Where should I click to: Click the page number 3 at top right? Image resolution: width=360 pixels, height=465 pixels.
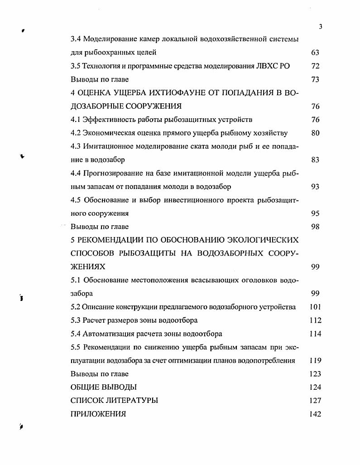click(320, 26)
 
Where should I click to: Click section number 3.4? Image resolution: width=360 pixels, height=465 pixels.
click(76, 39)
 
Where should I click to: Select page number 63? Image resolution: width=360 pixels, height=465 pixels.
click(315, 53)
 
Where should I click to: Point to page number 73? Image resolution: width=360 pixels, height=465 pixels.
click(315, 79)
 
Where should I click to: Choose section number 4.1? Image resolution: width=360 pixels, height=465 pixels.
click(76, 120)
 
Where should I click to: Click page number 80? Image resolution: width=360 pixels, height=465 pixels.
click(315, 133)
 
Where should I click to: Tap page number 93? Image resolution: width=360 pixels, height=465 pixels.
click(315, 186)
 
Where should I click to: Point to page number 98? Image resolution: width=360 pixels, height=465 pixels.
click(315, 227)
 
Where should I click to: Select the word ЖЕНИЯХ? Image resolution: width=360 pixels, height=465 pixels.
click(88, 267)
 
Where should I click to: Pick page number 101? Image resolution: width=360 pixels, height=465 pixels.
click(315, 307)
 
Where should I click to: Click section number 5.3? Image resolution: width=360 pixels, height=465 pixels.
click(76, 320)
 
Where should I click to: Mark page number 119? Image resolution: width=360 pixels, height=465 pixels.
click(315, 361)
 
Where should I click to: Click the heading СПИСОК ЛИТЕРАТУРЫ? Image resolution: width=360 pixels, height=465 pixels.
click(114, 401)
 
